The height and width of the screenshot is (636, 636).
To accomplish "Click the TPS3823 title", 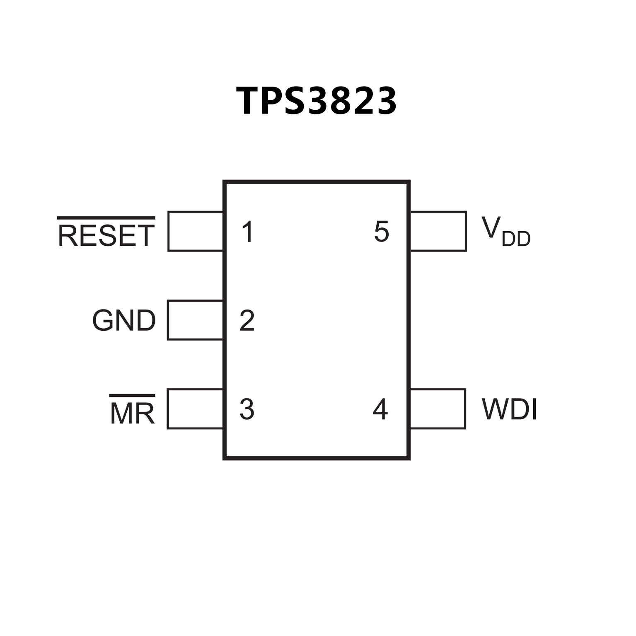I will [317, 101].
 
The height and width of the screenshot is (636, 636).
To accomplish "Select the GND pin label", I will [124, 320].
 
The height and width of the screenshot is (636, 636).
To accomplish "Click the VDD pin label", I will [505, 232].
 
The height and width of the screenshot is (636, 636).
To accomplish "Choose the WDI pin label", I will [509, 409].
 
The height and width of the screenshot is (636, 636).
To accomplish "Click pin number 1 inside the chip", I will [247, 232].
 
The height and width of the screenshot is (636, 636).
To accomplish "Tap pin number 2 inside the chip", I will [247, 320].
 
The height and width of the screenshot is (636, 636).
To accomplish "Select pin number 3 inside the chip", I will [247, 409].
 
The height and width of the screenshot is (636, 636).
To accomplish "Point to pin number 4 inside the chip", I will [380, 409].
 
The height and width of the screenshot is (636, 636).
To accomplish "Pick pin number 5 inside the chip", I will [381, 232].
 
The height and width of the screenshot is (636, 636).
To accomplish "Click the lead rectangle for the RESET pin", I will [195, 231].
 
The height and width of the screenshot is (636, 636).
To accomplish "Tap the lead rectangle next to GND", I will [195, 320].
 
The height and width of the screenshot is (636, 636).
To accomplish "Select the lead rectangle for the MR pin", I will [195, 409].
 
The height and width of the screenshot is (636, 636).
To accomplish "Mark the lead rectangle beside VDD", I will [438, 231].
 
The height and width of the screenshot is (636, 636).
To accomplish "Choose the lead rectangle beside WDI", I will [438, 409].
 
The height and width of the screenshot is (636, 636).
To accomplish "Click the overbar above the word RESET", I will [106, 218].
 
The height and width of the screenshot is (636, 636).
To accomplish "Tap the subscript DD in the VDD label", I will [516, 239].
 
